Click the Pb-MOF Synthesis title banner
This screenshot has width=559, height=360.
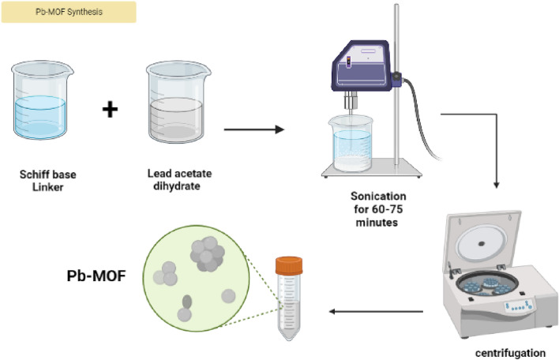tap(69, 12)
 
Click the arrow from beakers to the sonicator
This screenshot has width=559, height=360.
tap(253, 127)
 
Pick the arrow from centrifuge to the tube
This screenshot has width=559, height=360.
tap(375, 311)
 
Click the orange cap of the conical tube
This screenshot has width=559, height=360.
tap(287, 265)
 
